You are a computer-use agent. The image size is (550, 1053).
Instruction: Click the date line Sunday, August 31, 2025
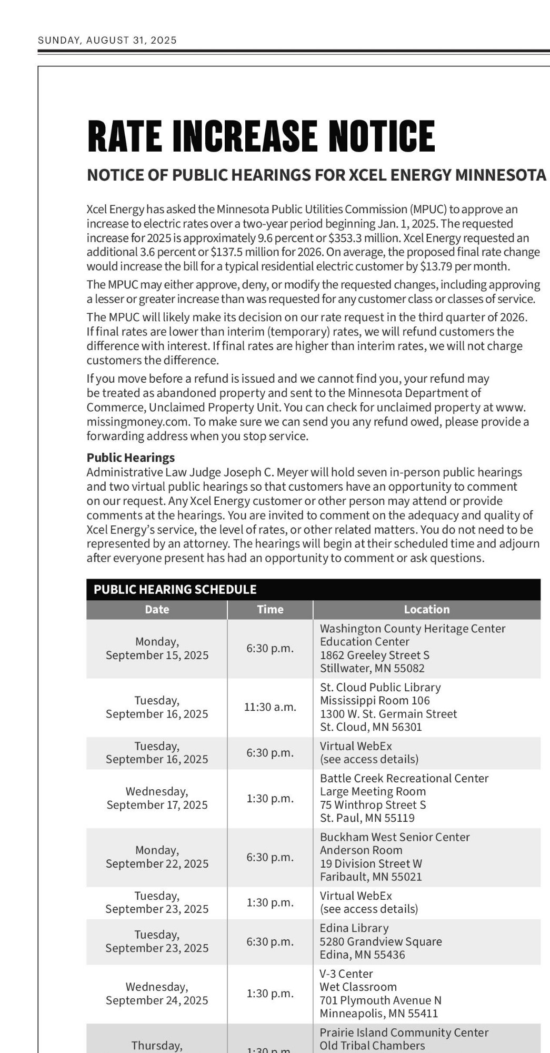107,41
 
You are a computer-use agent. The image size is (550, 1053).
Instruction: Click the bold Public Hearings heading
131,458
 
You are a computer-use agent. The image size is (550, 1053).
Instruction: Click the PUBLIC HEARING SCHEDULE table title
175,589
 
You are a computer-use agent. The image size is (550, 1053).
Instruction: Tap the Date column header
157,609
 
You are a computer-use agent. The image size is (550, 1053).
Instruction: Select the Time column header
270,609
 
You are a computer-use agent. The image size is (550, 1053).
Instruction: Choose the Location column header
426,609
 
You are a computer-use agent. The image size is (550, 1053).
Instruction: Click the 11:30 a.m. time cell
270,707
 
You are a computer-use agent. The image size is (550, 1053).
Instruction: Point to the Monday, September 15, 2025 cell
157,649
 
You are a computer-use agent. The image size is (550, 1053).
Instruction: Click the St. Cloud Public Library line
380,687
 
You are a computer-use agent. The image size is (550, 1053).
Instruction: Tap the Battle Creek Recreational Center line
404,778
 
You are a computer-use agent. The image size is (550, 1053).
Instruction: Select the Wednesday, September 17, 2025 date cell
157,798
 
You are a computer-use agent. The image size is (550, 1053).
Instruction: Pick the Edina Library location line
354,928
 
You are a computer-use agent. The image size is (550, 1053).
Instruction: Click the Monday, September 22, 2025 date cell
157,857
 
